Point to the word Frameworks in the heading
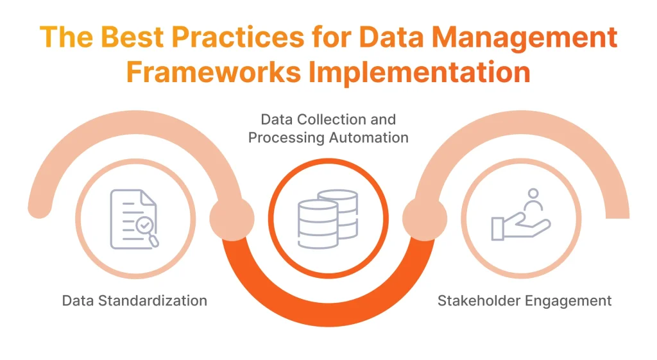(213, 72)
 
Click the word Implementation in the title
(419, 72)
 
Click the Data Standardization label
(135, 300)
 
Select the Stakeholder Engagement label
(524, 300)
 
